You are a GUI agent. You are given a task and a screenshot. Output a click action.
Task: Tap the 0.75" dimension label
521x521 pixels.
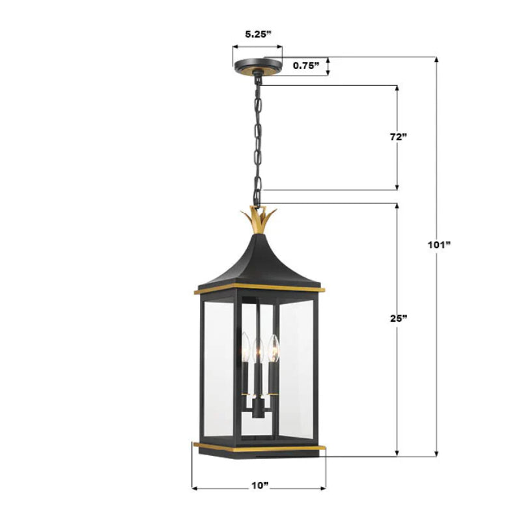click(305, 65)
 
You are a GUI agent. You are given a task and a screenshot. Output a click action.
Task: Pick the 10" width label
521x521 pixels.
click(259, 486)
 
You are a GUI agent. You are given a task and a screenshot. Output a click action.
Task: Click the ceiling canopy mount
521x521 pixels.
click(259, 65)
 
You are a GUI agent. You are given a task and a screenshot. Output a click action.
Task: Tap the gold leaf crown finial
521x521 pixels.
click(259, 220)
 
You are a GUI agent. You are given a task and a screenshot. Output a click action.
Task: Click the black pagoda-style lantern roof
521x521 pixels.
click(259, 260)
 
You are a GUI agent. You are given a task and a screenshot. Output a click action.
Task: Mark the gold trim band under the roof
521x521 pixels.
click(259, 288)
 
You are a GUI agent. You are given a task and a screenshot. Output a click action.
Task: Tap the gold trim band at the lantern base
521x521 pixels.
click(259, 447)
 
